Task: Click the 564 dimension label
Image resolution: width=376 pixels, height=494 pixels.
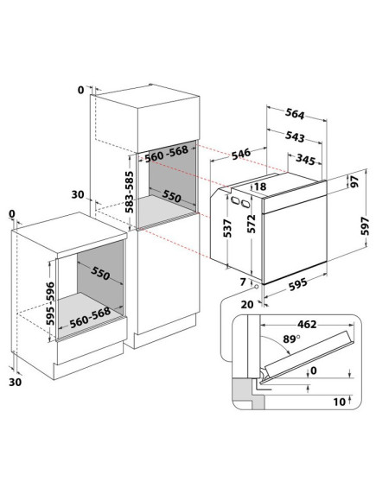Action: pos(295,114)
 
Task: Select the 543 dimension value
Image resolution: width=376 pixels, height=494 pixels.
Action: pos(295,136)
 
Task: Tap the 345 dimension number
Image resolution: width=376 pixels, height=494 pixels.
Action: pos(305,160)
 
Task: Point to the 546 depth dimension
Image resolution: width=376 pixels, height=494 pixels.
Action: pos(241,154)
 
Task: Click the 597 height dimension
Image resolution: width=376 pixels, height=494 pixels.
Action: pos(365,225)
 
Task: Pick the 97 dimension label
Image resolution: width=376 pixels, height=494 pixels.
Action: pos(355,181)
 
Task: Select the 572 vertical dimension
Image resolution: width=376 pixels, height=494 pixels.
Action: pos(252,224)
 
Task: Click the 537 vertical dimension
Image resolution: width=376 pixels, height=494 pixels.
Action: pos(227,228)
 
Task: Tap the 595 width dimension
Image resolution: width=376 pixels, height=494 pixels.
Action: pos(297,283)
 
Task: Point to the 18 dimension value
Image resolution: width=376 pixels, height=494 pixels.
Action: pos(260,187)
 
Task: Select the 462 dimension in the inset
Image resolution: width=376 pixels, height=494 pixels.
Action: pos(307,324)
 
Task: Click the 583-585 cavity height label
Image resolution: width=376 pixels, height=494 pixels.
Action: pos(130,192)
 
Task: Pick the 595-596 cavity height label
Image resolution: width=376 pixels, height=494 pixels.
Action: pos(50,303)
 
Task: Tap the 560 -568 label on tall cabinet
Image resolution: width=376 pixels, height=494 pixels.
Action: pos(166,154)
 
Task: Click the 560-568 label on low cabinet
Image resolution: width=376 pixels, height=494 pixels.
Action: pos(90,317)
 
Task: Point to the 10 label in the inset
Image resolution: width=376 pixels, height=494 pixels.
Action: pos(340,402)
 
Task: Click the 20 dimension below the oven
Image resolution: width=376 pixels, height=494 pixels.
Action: pos(247,304)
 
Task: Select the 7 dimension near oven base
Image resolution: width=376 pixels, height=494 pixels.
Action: pos(243,282)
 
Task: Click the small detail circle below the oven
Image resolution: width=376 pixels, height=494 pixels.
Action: pos(256,287)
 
